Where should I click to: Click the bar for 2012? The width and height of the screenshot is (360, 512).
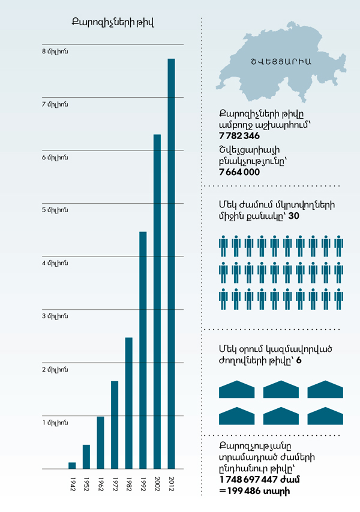click(171, 264)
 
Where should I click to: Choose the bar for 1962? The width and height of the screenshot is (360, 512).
click(100, 442)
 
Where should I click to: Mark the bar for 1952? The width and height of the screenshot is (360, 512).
click(86, 456)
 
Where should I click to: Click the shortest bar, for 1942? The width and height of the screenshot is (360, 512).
click(72, 465)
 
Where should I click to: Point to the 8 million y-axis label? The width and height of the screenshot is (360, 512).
click(55, 52)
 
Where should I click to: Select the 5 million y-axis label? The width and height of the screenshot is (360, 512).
click(55, 210)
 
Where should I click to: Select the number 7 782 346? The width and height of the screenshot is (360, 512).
click(239, 137)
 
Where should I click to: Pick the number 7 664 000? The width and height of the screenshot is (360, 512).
click(239, 172)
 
